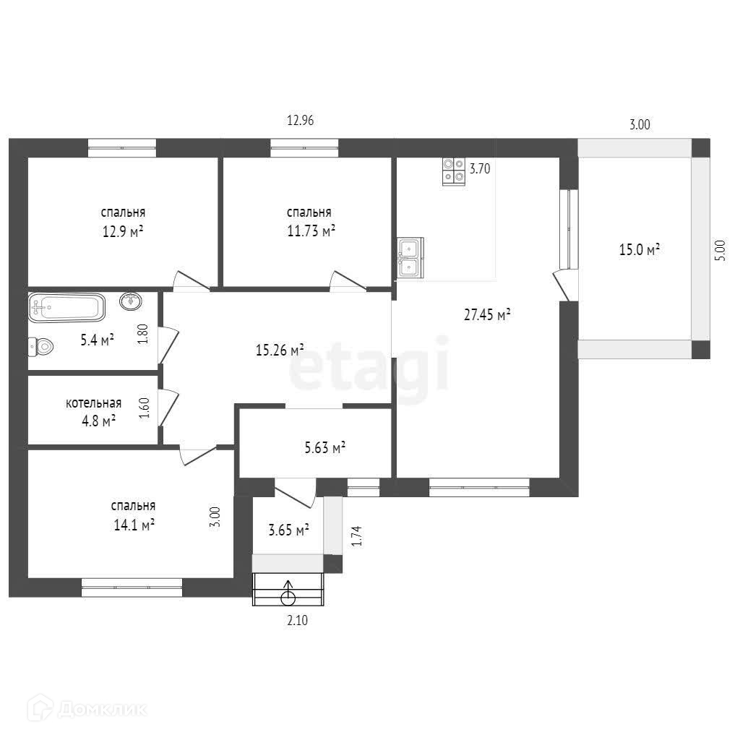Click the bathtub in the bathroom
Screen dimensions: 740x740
[x=66, y=307]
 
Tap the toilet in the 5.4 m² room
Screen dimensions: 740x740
[x=40, y=347]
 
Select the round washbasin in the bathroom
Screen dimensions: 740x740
[x=131, y=301]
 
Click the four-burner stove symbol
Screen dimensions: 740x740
[x=454, y=171]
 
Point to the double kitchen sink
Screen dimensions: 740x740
[x=410, y=258]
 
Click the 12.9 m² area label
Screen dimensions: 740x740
[x=123, y=232]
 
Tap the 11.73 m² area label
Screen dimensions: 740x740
[x=311, y=231]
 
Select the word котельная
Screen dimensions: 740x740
[x=93, y=403]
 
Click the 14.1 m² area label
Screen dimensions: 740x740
[x=134, y=525]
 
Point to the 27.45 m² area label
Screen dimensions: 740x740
[x=487, y=315]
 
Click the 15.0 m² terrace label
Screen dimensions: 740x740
[x=639, y=249]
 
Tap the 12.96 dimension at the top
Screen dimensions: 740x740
[x=300, y=121]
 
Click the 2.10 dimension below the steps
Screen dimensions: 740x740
[x=297, y=620]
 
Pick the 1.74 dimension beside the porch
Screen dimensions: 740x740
[x=357, y=536]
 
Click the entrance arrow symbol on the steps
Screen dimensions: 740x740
[x=288, y=593]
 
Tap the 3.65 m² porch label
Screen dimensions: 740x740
[x=288, y=530]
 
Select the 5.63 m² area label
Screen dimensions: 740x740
[x=324, y=447]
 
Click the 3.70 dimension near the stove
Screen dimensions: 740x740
[x=480, y=168]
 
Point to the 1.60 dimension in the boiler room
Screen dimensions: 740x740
[x=144, y=408]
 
